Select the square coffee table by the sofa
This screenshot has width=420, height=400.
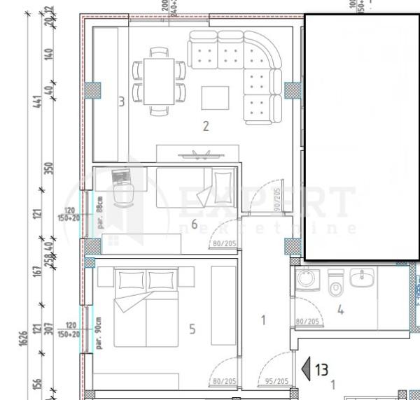[215, 97]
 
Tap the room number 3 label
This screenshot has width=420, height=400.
[121, 101]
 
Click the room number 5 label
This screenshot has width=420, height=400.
[192, 328]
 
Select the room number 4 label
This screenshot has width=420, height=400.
[340, 310]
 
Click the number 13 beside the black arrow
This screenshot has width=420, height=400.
[321, 369]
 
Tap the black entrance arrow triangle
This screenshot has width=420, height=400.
[305, 369]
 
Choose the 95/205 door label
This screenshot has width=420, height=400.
[278, 381]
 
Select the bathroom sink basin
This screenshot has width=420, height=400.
[362, 278]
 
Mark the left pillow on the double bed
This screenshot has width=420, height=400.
[130, 280]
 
